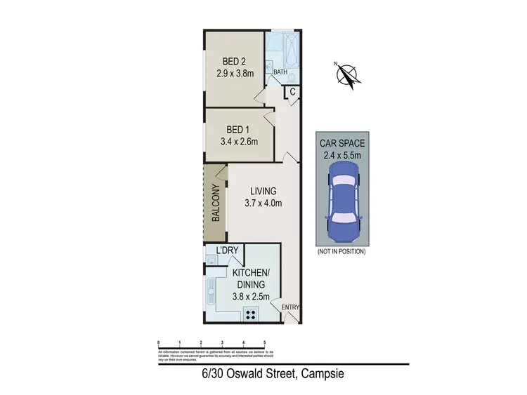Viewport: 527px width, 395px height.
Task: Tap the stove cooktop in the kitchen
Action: [x=250, y=314]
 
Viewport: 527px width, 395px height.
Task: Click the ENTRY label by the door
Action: [x=290, y=307]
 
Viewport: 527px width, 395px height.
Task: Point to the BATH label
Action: [x=280, y=72]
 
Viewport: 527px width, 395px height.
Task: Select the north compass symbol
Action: [x=346, y=75]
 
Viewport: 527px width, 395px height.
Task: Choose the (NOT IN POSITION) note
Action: [x=341, y=251]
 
